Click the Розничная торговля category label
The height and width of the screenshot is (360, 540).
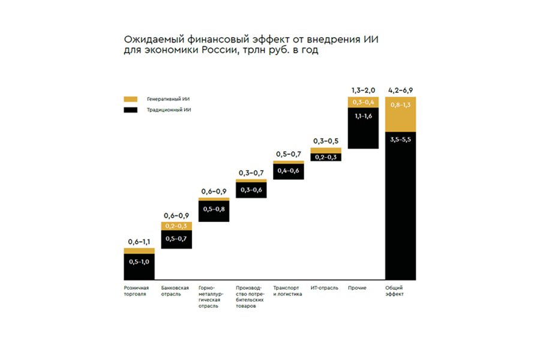click(x=135, y=291)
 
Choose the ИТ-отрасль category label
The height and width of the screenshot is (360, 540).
click(x=323, y=287)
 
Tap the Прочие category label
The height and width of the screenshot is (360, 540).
click(x=357, y=287)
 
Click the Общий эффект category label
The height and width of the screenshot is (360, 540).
click(x=395, y=291)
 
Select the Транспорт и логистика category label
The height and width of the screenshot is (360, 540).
click(x=287, y=291)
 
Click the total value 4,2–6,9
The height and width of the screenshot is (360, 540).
click(x=400, y=90)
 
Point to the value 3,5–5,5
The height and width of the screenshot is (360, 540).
click(x=400, y=140)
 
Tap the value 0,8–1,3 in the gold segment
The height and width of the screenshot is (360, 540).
click(x=400, y=105)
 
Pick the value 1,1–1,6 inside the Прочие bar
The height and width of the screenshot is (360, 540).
click(x=363, y=116)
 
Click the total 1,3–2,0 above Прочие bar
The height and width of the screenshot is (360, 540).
click(x=363, y=90)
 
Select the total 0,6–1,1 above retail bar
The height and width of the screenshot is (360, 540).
click(x=139, y=241)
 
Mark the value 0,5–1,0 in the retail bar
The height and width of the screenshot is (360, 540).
click(x=139, y=262)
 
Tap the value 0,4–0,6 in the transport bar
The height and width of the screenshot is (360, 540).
click(x=289, y=171)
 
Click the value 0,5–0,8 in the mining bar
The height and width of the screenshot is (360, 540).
click(x=214, y=209)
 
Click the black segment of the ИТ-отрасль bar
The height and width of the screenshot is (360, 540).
click(x=326, y=157)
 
